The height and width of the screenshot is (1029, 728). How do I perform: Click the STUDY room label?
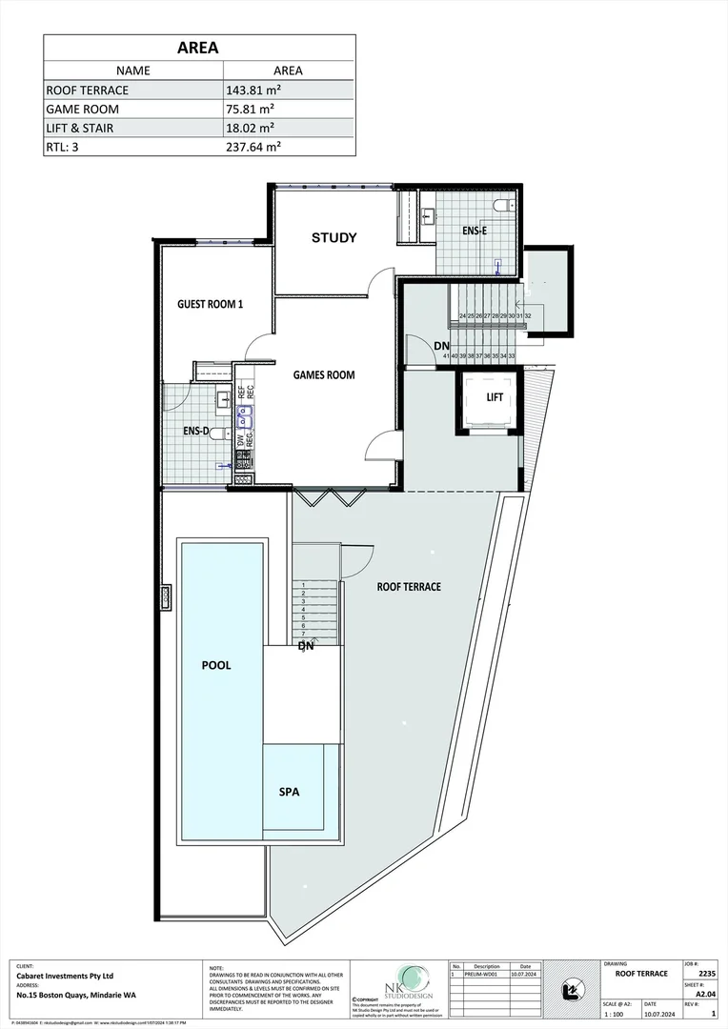334,237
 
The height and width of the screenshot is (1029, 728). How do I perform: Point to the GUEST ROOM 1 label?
211,304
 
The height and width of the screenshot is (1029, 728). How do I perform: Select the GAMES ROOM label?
323,374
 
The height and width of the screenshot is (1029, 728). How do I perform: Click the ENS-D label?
197,431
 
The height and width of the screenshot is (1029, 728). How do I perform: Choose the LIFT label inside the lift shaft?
495,396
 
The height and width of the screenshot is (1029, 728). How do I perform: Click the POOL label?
216,665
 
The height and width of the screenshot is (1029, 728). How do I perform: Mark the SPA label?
290,792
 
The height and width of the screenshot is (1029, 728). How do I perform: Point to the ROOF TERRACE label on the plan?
408,587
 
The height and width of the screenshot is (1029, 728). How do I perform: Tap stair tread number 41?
446,355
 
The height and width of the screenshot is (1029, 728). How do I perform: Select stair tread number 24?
462,315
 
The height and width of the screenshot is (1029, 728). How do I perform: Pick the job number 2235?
706,974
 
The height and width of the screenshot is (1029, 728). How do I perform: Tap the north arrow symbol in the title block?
572,992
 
